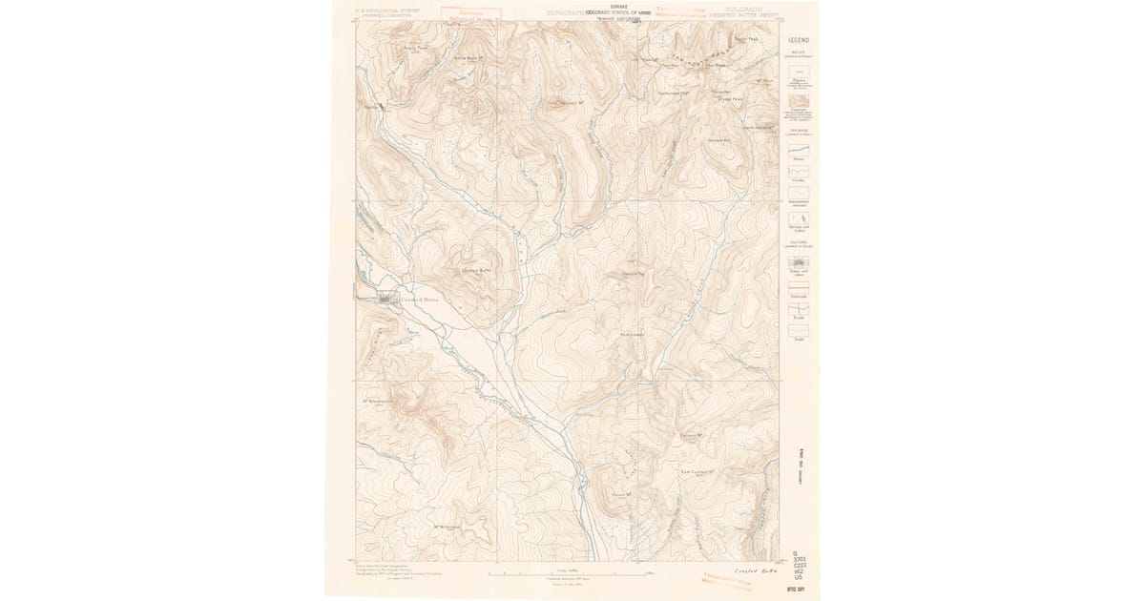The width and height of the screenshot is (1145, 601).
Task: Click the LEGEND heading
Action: (798, 40)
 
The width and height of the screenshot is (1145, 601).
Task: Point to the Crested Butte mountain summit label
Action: (476, 270)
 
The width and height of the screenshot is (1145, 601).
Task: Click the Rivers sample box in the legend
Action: (798, 151)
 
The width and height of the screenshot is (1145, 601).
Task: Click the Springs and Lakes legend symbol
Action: (798, 218)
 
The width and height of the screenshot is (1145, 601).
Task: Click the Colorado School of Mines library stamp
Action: (624, 12)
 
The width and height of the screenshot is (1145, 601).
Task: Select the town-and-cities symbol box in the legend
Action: (798, 260)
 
